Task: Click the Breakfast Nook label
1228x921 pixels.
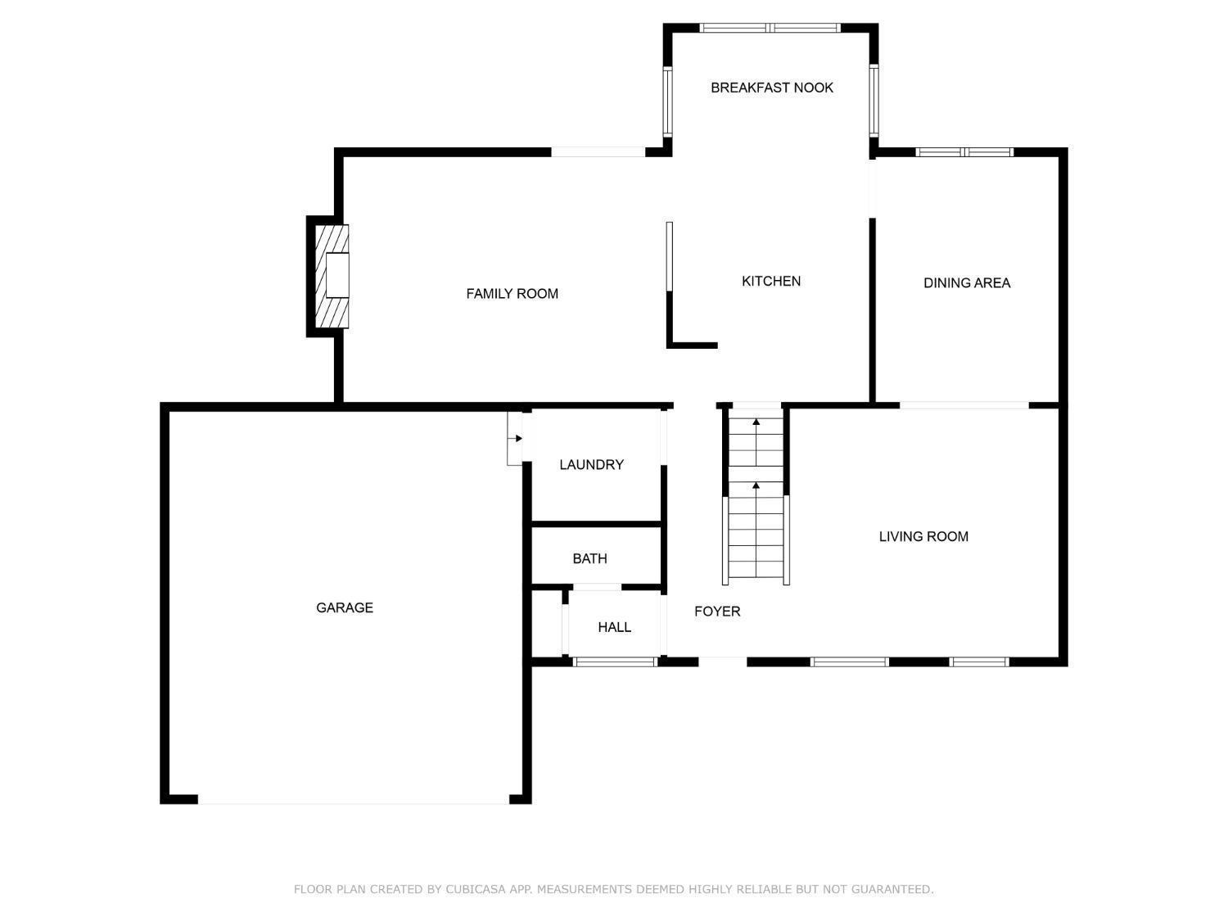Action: click(771, 88)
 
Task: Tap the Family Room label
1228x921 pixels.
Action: click(512, 294)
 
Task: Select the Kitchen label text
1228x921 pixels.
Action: click(771, 282)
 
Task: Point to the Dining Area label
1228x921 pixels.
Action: click(967, 283)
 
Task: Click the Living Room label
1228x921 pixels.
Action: click(923, 536)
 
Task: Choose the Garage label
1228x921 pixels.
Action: click(344, 607)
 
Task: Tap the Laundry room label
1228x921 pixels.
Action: click(591, 465)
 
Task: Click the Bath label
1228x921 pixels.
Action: click(589, 558)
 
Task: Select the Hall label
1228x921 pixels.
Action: click(614, 627)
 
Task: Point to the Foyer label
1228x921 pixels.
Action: click(717, 612)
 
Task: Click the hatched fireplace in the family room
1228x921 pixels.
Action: click(332, 276)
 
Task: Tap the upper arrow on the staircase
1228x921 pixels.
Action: click(756, 441)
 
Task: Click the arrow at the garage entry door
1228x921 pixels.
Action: click(515, 439)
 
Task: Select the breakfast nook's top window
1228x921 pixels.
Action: click(770, 28)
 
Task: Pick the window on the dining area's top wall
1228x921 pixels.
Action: click(964, 152)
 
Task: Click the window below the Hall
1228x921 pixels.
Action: click(615, 662)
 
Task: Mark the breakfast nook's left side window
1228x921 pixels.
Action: click(667, 102)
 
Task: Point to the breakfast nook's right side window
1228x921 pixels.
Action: click(874, 101)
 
